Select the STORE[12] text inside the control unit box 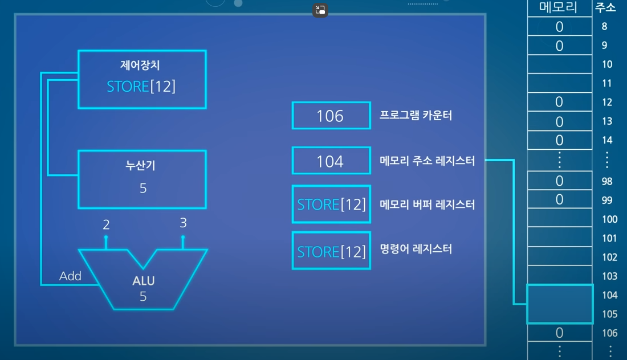tap(141, 87)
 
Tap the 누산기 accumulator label tap(140, 166)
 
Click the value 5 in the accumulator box tap(143, 188)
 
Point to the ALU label tap(144, 281)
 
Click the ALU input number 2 tap(106, 225)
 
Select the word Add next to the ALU tap(71, 276)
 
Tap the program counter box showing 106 tap(331, 116)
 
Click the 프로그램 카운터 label tap(416, 115)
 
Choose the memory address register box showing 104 tap(331, 161)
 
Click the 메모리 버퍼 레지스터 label tap(427, 204)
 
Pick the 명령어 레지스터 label tap(416, 249)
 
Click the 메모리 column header tap(559, 7)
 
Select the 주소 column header tap(605, 7)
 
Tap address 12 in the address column tap(607, 103)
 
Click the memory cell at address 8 tap(559, 27)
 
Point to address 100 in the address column tap(609, 219)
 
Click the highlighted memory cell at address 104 tap(559, 304)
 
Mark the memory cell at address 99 tap(559, 200)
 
